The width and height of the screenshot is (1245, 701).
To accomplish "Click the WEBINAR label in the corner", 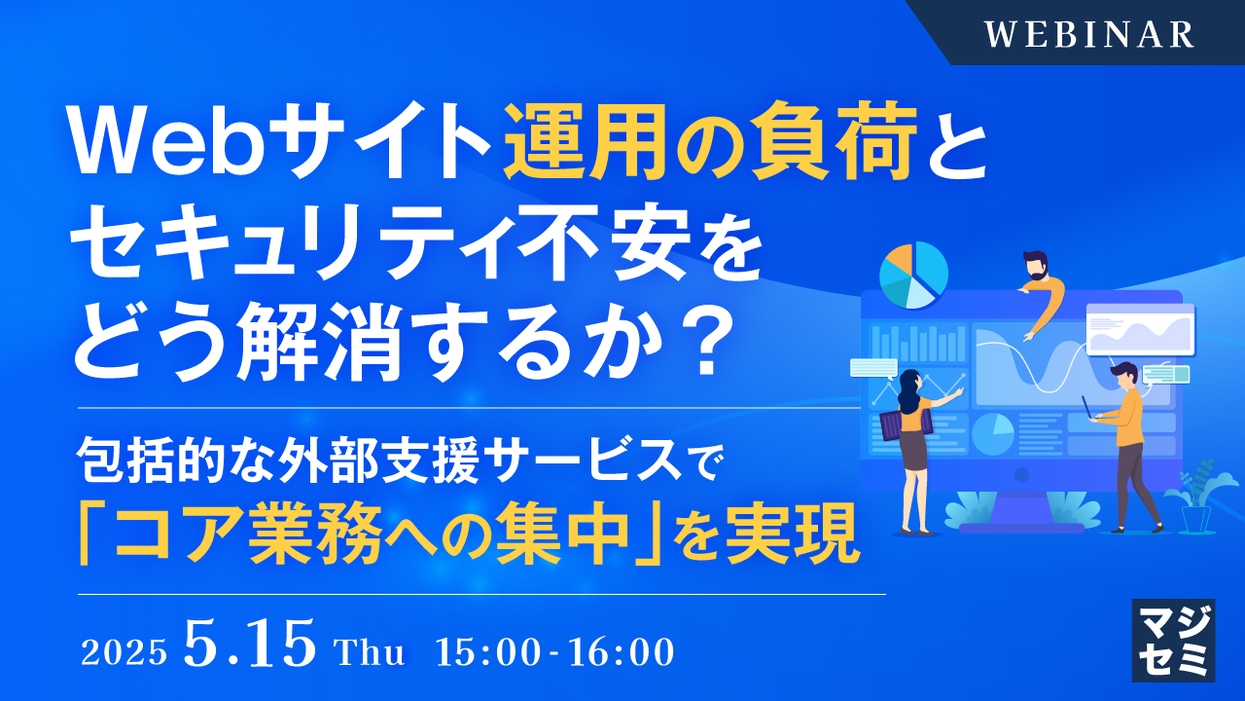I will coord(1088,34).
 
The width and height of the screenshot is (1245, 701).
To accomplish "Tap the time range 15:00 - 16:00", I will coord(555,652).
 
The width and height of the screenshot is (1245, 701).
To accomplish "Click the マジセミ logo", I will coord(1173,640).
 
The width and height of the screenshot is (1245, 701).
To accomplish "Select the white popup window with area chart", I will coord(1140,329).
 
